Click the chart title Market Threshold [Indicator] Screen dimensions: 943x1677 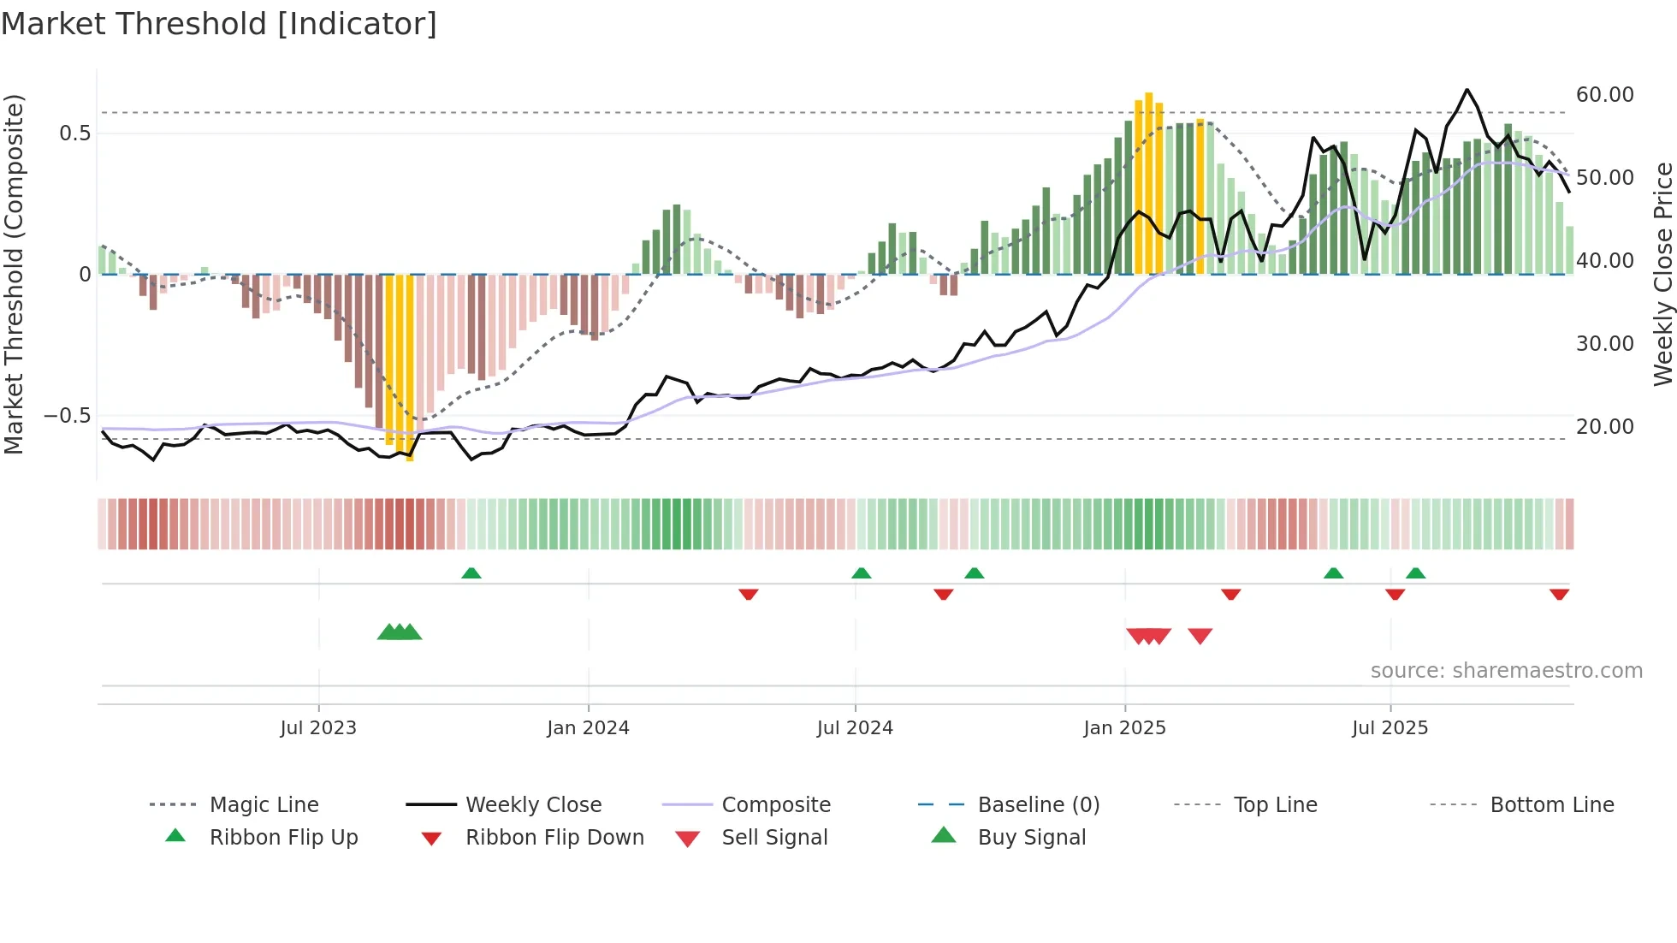219,24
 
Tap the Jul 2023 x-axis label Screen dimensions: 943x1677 318,728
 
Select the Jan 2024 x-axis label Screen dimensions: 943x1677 588,728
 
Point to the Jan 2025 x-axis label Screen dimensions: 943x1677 1124,728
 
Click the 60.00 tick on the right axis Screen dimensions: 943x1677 1604,95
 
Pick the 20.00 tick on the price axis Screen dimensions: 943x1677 1604,426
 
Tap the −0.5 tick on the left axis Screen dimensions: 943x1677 68,416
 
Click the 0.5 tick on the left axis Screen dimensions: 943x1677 74,133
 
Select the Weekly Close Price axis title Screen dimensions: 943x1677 1662,274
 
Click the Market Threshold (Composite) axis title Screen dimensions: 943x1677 14,274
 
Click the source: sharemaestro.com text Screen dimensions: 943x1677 1506,671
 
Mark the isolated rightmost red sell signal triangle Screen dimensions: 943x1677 1200,636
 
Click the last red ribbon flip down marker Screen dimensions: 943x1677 1559,594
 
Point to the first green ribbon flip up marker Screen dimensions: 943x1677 471,573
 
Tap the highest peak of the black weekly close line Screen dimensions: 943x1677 1467,90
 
